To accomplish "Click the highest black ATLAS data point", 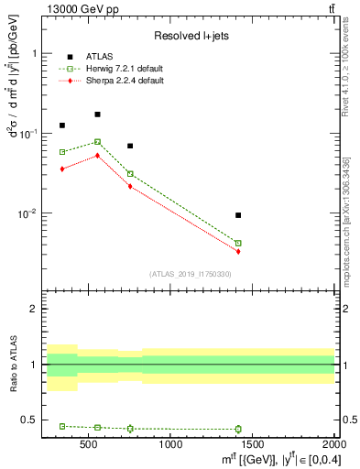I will tap(97, 115).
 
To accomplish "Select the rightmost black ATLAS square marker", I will tap(238, 215).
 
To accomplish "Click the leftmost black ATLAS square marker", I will tap(62, 125).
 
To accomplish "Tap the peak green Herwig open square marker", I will tap(97, 142).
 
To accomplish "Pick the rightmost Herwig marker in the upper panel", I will tap(238, 244).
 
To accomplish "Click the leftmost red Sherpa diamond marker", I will tap(62, 169).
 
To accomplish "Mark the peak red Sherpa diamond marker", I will tap(97, 156).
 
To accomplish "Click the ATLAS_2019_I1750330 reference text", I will tap(191, 274).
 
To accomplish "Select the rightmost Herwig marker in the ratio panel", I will tap(238, 429).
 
